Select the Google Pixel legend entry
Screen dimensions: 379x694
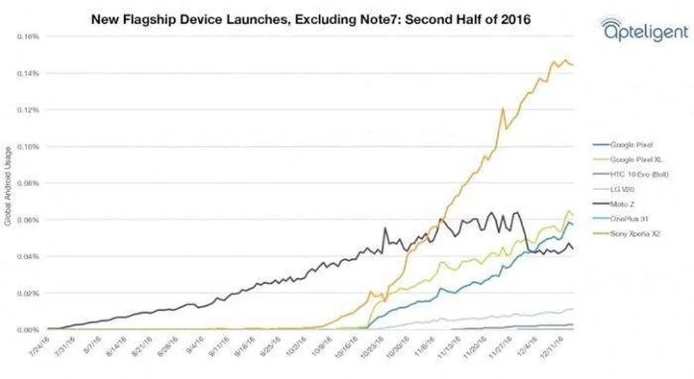click(632, 144)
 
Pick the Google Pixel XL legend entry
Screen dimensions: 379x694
click(636, 159)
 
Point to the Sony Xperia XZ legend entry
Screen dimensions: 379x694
click(635, 233)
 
